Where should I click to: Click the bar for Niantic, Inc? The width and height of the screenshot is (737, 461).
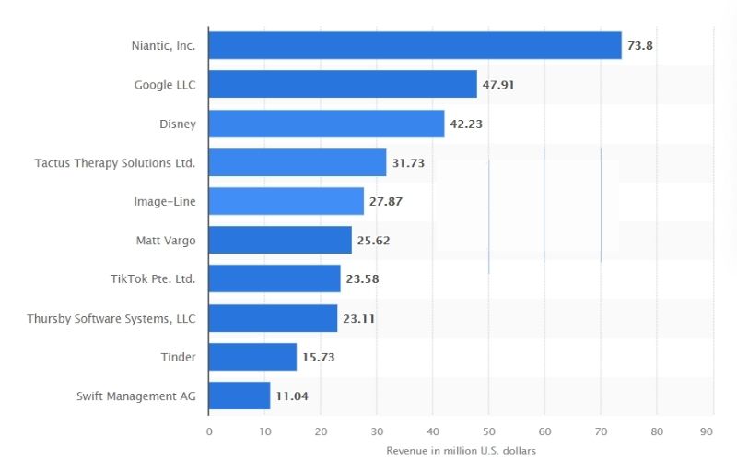coord(415,45)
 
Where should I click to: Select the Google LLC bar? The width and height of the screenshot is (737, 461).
coord(343,84)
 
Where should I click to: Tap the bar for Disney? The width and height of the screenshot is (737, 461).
coord(326,124)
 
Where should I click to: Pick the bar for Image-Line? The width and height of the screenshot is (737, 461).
coord(287,201)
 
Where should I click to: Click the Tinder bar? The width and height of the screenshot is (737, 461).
coord(252,357)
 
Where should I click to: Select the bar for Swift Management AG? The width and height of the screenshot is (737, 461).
coord(240,396)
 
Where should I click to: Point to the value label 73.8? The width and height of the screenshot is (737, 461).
coord(640,45)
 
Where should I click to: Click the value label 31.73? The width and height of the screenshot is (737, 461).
coord(410,162)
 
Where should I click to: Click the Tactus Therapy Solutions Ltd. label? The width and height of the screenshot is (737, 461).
coord(115,162)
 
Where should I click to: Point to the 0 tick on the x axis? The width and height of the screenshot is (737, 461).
coord(209,431)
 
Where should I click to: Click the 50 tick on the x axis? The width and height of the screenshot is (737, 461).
coord(488,431)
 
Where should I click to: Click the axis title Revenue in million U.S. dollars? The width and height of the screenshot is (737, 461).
coord(461,450)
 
